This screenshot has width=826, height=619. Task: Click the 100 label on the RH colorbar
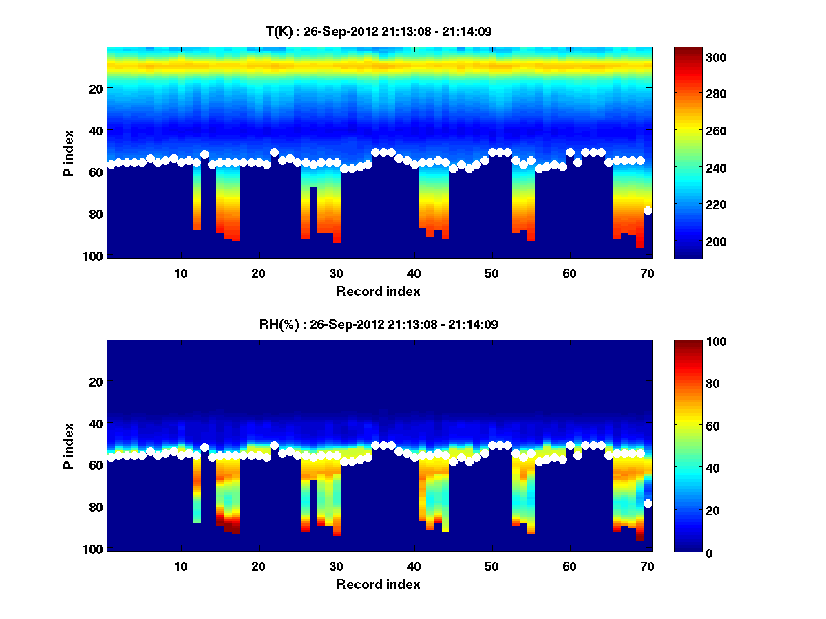coord(690,342)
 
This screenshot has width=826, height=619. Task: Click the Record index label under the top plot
coord(378,291)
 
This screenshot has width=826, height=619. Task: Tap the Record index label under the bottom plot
coord(378,584)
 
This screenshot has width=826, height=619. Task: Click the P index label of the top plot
coord(69,152)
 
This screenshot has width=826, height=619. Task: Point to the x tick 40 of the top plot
coord(414,273)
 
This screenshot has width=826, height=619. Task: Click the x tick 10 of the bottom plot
coord(180,566)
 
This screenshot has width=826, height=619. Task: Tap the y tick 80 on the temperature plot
coord(95,214)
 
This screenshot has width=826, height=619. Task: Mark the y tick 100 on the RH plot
coord(92,549)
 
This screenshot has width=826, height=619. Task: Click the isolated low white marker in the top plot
coord(648,211)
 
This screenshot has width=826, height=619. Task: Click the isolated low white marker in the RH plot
coord(648,504)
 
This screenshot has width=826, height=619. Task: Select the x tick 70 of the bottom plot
coord(647,566)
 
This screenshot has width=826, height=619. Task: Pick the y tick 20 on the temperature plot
coord(95,88)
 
